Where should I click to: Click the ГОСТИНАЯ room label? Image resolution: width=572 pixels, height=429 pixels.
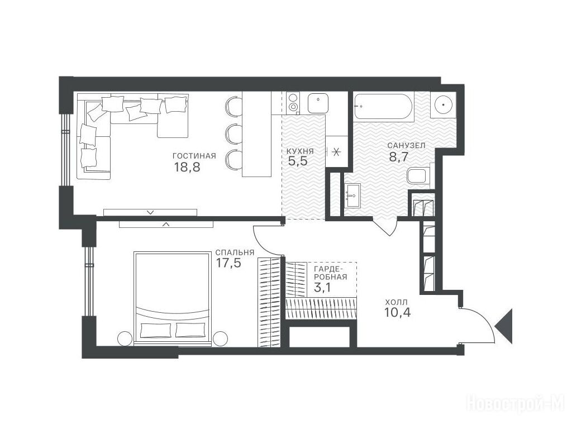tap(194, 156)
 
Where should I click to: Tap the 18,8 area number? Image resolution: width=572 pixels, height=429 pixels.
tap(187, 168)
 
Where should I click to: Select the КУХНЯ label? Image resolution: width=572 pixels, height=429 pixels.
tap(300, 151)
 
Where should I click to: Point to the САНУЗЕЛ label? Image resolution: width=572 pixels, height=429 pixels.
tap(407, 146)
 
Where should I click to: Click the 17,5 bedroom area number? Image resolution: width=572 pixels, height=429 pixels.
tap(228, 263)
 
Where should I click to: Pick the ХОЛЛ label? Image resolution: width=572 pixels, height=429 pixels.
tap(396, 302)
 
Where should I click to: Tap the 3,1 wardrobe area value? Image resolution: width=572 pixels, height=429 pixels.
tap(322, 288)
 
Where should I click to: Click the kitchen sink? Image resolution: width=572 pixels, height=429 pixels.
tap(318, 103)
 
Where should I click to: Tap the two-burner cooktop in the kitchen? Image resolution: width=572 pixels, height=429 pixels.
tap(293, 102)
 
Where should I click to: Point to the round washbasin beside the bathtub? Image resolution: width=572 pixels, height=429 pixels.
tap(443, 105)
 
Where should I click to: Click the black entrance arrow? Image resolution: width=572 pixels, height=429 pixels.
tap(505, 326)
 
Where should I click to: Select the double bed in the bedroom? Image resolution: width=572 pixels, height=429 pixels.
tap(173, 298)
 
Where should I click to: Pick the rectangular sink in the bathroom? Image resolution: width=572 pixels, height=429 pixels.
tap(352, 195)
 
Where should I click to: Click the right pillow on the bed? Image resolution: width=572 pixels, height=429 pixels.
tap(190, 330)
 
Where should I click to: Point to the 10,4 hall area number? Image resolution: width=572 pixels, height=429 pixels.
tap(397, 313)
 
